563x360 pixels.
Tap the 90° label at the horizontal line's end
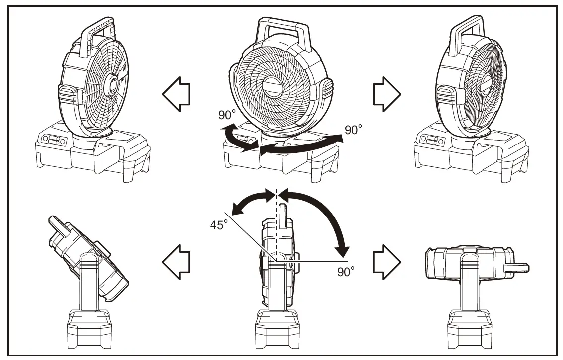[346, 271]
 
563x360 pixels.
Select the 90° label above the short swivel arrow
[227, 115]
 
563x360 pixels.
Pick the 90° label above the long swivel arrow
[353, 130]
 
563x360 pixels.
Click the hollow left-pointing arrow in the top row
[176, 94]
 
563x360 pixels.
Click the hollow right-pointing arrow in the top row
[386, 94]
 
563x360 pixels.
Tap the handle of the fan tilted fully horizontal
[516, 267]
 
